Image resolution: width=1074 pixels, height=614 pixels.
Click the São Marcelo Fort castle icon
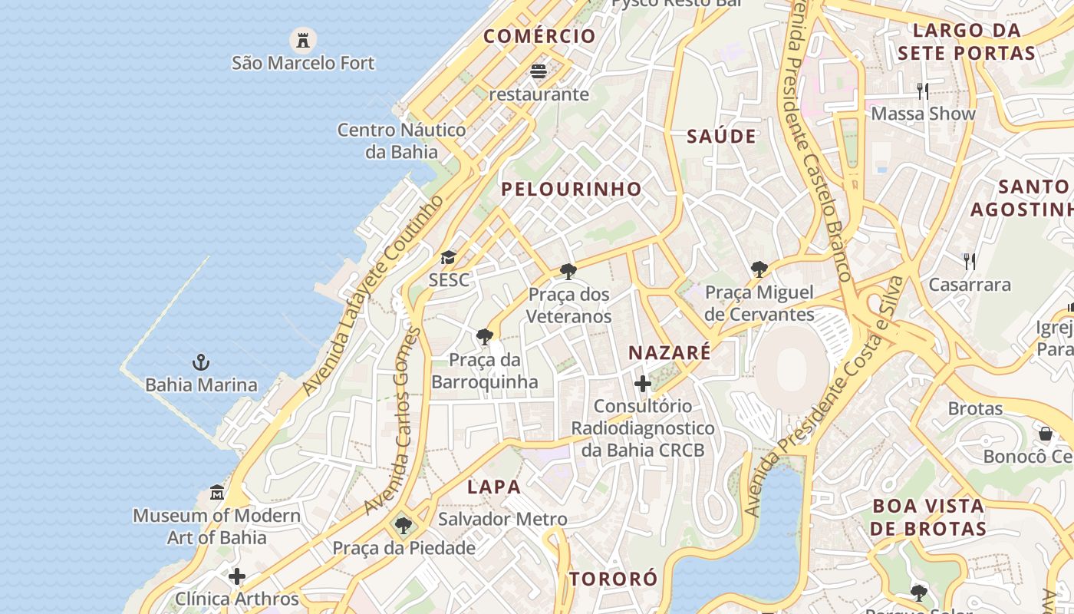303,38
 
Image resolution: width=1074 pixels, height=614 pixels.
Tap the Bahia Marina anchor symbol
201,361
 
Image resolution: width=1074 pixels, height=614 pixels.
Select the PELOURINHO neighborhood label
572,189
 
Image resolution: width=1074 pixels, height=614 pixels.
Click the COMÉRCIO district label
539,36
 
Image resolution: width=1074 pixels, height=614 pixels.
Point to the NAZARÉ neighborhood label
670,353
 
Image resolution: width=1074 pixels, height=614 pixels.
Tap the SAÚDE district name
721,137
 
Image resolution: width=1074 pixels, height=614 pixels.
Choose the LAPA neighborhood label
494,487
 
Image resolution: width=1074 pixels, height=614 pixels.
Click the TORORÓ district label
613,579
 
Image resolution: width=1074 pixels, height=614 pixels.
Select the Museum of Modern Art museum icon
217,492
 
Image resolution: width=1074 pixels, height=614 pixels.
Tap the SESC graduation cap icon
448,257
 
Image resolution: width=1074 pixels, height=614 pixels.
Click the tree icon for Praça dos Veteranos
568,271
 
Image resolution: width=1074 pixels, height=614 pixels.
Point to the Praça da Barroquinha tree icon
484,336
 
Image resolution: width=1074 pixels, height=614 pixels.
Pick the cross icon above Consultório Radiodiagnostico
643,383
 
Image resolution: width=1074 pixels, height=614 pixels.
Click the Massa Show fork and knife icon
923,91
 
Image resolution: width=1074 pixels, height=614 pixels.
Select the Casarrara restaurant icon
970,262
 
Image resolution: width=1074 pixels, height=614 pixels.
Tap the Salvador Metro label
502,520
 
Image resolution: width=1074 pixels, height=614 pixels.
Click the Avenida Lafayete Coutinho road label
374,295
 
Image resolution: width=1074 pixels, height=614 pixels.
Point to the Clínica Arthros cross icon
237,576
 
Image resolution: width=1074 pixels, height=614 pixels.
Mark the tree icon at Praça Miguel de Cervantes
759,269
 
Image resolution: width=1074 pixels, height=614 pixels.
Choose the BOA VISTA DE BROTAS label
928,517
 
